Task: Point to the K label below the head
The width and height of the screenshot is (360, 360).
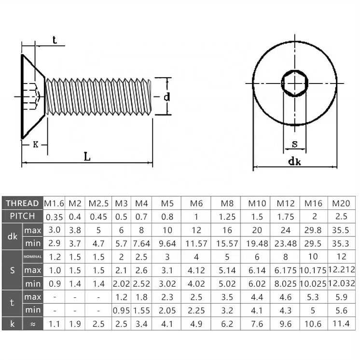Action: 35,144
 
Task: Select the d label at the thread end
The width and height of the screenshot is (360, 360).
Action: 166,97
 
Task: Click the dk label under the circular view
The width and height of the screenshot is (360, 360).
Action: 294,162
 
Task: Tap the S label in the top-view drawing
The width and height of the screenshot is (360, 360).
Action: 294,144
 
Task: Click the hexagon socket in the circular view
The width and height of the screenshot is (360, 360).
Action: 294,84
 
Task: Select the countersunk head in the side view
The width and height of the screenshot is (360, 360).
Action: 31,97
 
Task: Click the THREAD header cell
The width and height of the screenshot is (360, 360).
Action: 22,203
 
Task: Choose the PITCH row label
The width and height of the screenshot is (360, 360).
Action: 22,216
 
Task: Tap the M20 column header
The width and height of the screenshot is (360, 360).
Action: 341,203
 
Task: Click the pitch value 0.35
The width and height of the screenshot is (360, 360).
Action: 54,216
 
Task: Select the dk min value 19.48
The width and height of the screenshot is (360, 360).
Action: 257,243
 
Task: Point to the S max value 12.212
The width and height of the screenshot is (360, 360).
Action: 341,270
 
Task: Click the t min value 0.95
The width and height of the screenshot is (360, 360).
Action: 122,310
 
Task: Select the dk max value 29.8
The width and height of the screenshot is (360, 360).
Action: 314,230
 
